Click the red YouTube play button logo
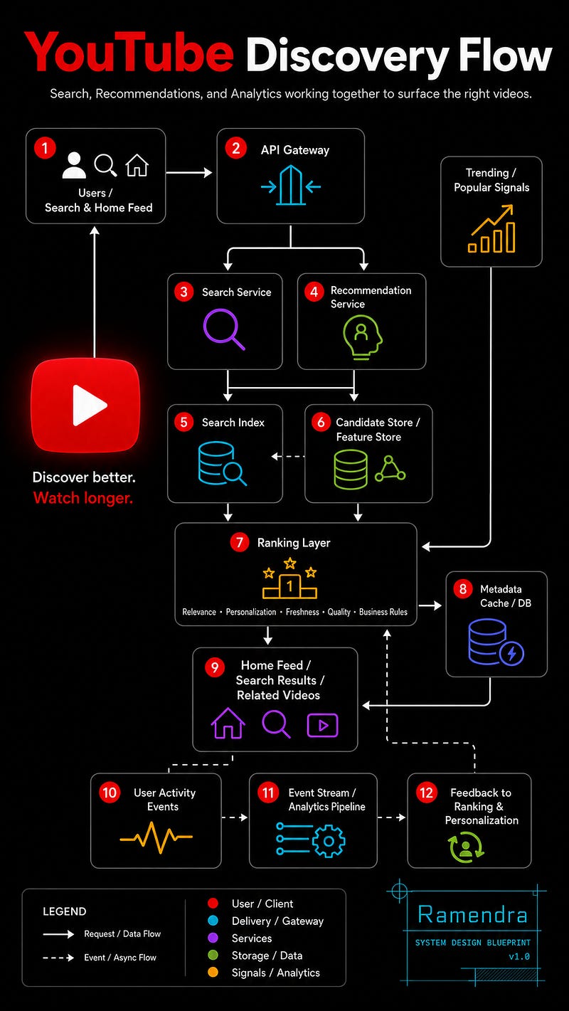pyautogui.click(x=85, y=405)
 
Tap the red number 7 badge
pyautogui.click(x=240, y=542)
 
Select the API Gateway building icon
pyautogui.click(x=291, y=185)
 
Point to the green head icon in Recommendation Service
pyautogui.click(x=362, y=337)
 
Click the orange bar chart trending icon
pyautogui.click(x=491, y=229)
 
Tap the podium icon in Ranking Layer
pyautogui.click(x=289, y=578)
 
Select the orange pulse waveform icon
pyautogui.click(x=156, y=837)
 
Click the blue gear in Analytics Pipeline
pyautogui.click(x=329, y=841)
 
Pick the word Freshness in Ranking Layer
pyautogui.click(x=302, y=612)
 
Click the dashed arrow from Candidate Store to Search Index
pyautogui.click(x=288, y=457)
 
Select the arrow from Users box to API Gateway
pyautogui.click(x=189, y=172)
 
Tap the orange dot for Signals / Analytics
pyautogui.click(x=213, y=972)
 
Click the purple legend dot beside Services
pyautogui.click(x=213, y=938)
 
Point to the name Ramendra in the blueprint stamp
pyautogui.click(x=472, y=915)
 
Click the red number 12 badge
pyautogui.click(x=427, y=793)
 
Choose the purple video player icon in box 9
pyautogui.click(x=322, y=725)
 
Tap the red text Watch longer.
pyautogui.click(x=83, y=498)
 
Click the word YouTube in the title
pyautogui.click(x=129, y=53)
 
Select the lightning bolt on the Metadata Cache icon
pyautogui.click(x=511, y=653)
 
